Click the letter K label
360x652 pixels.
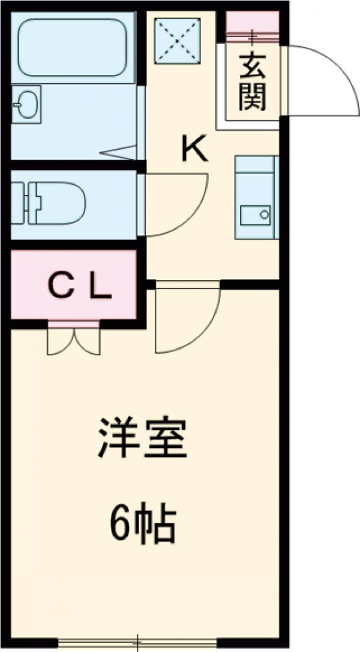point(196,149)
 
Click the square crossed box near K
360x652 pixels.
point(177,40)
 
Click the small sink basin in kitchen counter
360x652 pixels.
point(256,214)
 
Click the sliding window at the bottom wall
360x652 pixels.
point(138,643)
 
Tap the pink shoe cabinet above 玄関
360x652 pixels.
point(252,24)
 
